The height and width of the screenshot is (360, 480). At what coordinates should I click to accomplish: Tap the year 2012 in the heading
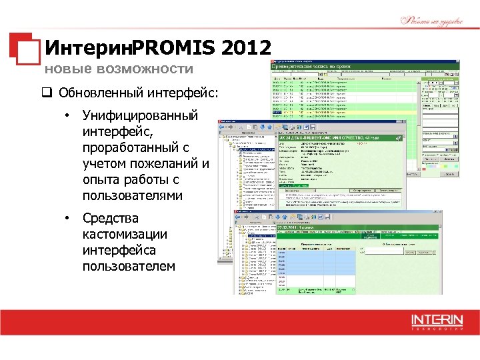[248, 48]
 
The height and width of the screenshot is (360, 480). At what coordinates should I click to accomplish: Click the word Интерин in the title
[87, 48]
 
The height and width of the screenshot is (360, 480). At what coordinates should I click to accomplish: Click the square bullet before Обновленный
[49, 91]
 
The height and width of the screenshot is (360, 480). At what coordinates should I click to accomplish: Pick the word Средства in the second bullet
[111, 219]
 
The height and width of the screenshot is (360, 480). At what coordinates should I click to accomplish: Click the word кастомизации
[125, 235]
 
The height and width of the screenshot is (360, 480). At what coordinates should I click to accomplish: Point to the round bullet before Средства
[67, 219]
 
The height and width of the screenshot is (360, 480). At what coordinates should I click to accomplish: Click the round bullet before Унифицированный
[67, 116]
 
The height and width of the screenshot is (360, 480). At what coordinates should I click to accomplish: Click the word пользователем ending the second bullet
[129, 267]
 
